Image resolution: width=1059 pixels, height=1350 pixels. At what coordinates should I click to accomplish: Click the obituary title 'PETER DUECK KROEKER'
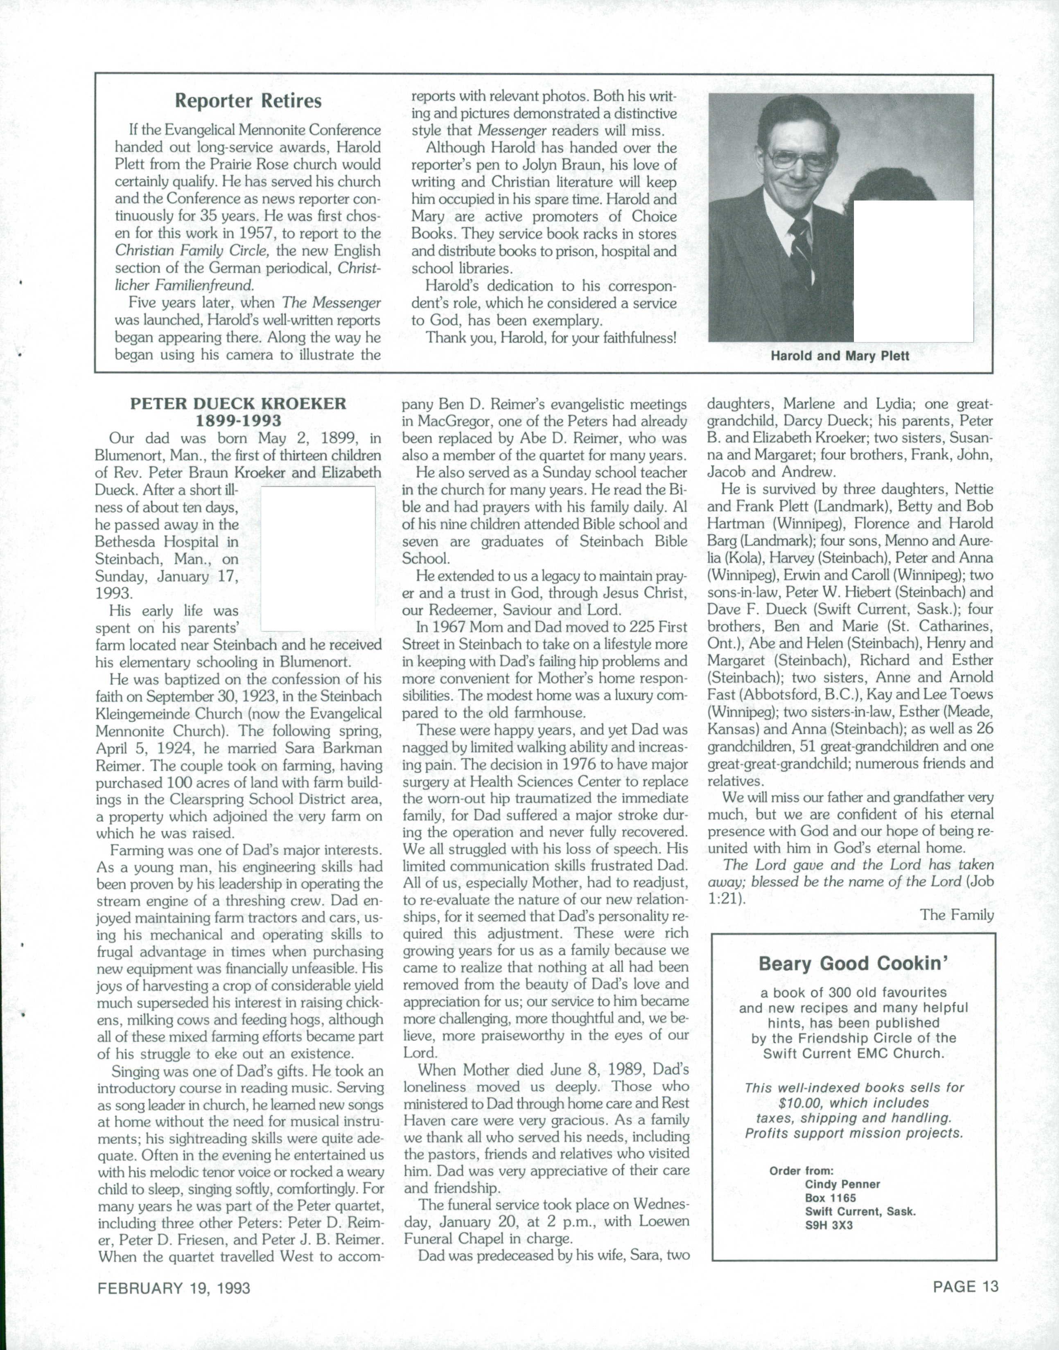238,404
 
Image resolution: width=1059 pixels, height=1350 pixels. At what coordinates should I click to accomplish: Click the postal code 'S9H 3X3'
829,1224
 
